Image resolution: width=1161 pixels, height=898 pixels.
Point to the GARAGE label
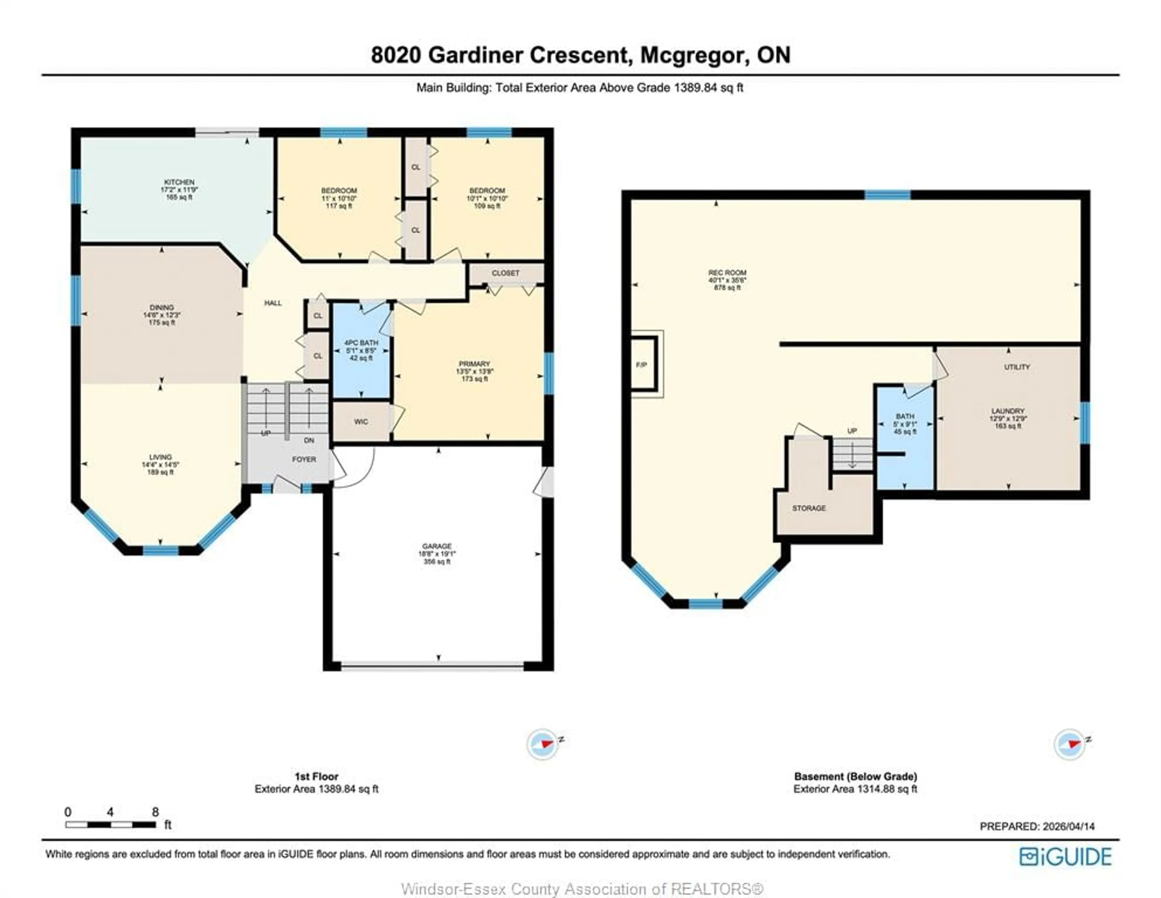(437, 546)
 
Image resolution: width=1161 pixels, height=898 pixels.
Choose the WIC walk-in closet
(361, 421)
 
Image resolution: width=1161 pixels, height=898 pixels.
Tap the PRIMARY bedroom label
(474, 364)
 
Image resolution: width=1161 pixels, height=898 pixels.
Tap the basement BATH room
(905, 424)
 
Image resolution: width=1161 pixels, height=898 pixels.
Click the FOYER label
(304, 459)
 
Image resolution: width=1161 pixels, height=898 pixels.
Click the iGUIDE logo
(1065, 857)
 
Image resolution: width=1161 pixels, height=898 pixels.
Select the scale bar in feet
(111, 825)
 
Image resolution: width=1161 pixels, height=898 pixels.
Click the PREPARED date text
(1037, 826)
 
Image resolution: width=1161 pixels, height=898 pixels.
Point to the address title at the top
(580, 55)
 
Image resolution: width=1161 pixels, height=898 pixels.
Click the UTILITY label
(1016, 367)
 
